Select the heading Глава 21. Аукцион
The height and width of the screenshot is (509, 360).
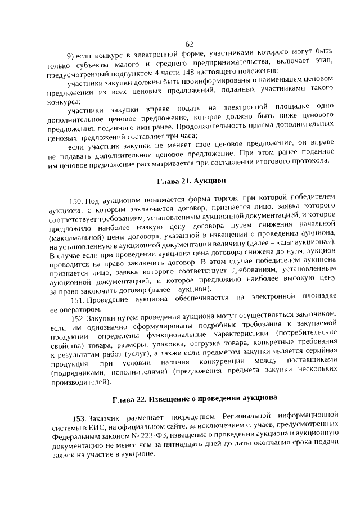pos(191,181)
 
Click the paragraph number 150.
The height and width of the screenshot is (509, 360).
pos(76,201)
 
